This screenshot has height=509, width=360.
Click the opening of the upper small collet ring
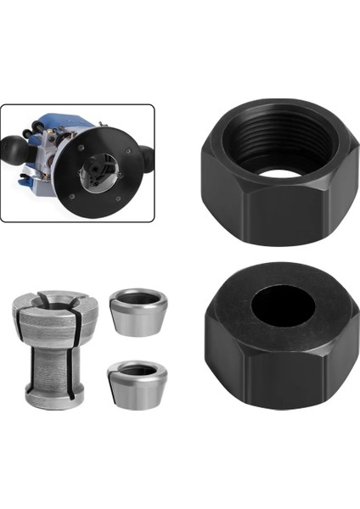coord(139,297)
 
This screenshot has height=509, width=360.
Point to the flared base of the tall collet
coord(51,394)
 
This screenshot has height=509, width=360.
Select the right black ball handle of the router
coord(147,156)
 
